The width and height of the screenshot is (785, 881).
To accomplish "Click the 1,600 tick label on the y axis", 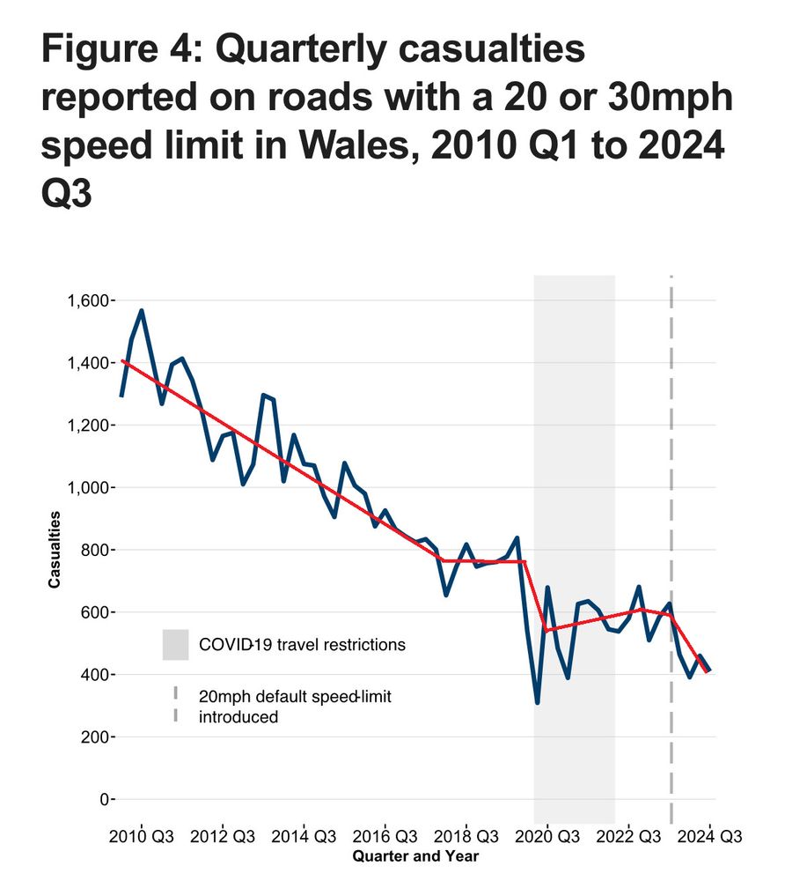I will coord(87,301).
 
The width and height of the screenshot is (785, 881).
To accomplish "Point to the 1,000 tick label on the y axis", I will coord(87,488).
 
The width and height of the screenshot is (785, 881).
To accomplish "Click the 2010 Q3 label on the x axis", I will coord(142,835).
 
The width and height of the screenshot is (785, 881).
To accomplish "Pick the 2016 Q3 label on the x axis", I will coord(385,835).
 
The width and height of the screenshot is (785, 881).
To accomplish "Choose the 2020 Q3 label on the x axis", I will coord(547,835).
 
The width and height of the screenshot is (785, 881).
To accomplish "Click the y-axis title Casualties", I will coord(55,549).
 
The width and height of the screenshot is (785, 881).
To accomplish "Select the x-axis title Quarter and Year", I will coord(415,855).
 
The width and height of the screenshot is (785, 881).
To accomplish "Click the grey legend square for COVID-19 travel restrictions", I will coord(176,644).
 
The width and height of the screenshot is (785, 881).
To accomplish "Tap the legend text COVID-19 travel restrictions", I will coord(302,645).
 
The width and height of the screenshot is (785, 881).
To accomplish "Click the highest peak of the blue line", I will coord(142,311).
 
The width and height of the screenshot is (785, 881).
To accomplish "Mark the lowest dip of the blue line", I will coord(537,702).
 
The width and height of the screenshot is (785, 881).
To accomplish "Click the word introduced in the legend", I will coord(238,717).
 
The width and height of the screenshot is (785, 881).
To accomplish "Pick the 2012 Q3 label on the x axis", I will coord(223,835).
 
